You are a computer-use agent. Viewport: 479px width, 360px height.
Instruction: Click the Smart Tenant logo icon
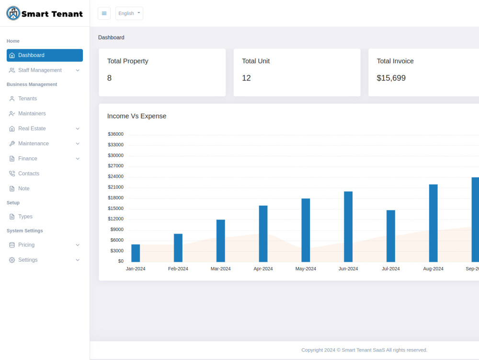tap(13, 13)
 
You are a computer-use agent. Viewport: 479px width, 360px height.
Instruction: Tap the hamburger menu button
tap(104, 13)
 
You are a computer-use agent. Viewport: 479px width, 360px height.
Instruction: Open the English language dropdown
tap(129, 13)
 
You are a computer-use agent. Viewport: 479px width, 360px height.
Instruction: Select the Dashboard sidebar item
tap(45, 55)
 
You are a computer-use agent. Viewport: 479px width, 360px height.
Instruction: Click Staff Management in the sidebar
tap(40, 70)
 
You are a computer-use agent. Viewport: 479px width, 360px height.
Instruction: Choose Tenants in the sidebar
tap(27, 99)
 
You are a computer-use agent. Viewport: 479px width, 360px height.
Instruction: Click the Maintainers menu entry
tap(32, 114)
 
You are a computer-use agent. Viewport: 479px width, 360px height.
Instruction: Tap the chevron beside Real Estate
tap(78, 128)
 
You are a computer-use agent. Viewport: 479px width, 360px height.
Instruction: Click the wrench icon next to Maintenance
tap(12, 144)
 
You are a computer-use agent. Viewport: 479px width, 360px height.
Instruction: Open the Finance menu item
tap(28, 159)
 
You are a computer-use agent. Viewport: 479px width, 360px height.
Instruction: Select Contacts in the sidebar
tap(29, 174)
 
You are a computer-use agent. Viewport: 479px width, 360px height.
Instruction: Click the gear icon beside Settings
tap(12, 260)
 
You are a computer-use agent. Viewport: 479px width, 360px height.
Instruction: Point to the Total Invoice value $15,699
tap(391, 78)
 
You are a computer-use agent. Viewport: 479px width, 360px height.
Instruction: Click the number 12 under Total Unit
tap(246, 78)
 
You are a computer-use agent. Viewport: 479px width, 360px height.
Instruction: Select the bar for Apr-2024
tap(263, 234)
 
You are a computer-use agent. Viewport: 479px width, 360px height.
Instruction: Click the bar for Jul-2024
tap(391, 236)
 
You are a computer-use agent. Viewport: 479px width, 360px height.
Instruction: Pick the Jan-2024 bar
tap(136, 253)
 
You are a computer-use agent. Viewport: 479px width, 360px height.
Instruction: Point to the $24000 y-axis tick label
tap(115, 176)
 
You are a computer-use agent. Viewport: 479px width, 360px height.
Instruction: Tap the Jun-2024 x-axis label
tap(348, 268)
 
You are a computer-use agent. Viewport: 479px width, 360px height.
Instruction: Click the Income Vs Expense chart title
tap(137, 116)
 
